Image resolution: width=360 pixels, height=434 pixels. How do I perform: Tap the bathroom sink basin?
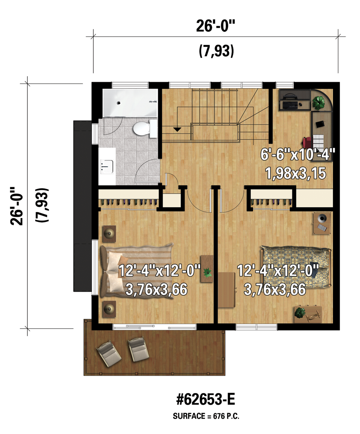[x=107, y=166]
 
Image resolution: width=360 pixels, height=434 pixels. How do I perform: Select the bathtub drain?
[x=119, y=103]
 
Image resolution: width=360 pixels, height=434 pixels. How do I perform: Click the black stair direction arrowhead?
[x=177, y=129]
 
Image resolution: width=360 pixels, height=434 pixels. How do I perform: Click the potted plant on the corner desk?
[x=318, y=102]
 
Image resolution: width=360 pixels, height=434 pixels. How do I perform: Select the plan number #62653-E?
[x=206, y=399]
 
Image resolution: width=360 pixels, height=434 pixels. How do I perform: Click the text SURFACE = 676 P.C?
[x=206, y=416]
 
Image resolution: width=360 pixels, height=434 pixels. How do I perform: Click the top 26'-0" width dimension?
[x=216, y=26]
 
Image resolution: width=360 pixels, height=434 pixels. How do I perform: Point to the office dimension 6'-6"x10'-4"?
[x=298, y=155]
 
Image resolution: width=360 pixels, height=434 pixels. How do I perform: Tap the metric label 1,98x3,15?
[x=296, y=174]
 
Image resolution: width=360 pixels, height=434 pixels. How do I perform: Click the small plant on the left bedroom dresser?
[x=207, y=273]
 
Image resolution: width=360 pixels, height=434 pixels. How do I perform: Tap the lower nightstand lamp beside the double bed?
[x=109, y=309]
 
